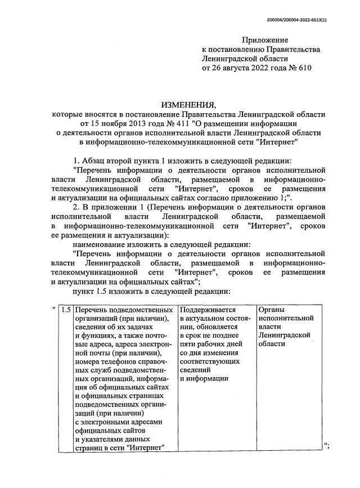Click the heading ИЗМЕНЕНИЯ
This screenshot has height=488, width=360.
point(188,105)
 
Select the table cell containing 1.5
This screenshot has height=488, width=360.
point(66,310)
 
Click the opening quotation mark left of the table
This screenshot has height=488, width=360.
point(53,309)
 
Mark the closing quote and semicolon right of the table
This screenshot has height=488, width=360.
point(327,445)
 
